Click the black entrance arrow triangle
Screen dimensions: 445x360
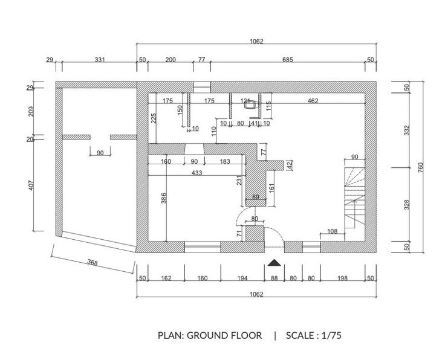(x=274, y=263)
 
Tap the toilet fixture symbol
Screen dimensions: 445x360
(x=250, y=105)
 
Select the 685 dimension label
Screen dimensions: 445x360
(x=287, y=60)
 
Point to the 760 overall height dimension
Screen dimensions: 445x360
(x=420, y=167)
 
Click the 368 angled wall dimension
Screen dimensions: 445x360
(x=93, y=263)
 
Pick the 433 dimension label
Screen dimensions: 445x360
(x=197, y=173)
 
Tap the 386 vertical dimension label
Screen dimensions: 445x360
(x=164, y=198)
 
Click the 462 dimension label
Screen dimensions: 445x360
(x=313, y=101)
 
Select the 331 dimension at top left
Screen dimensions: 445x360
(x=100, y=60)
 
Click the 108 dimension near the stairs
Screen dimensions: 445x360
(x=333, y=231)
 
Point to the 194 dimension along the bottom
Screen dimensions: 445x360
(x=242, y=278)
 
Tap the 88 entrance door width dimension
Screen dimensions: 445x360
(x=274, y=278)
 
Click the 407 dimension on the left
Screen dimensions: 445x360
(x=31, y=185)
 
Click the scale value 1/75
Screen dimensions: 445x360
(x=331, y=335)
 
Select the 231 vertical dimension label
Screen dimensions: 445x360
(x=239, y=181)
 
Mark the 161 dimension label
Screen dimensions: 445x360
(x=271, y=188)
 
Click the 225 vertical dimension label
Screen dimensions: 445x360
(x=154, y=118)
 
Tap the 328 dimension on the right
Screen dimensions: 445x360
(x=407, y=205)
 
